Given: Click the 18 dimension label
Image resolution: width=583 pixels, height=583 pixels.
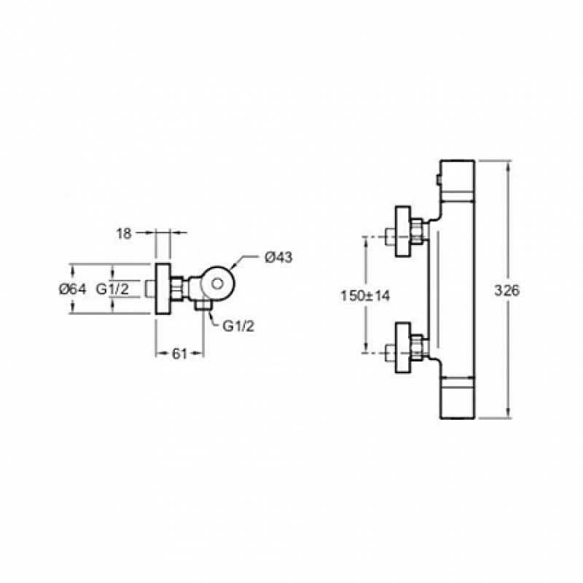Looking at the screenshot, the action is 124,233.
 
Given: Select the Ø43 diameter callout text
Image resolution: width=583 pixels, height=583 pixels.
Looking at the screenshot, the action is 278,257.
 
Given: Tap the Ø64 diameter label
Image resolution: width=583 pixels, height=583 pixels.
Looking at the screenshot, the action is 72,289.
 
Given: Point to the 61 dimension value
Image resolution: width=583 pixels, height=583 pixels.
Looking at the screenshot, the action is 179,353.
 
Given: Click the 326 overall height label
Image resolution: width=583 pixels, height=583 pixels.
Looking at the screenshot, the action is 506,290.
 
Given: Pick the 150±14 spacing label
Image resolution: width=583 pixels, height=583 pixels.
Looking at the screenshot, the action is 366,296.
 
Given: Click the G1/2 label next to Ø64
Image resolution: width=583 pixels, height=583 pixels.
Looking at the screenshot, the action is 113,289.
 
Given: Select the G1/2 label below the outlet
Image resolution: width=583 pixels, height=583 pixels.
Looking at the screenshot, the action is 238,326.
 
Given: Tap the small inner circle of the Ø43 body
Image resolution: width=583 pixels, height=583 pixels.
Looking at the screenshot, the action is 216,284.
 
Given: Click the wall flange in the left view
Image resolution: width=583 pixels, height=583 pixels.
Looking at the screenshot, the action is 163,289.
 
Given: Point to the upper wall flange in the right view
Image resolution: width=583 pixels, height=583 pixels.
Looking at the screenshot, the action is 403,231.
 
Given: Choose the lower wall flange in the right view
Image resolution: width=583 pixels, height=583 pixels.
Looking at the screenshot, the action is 403,348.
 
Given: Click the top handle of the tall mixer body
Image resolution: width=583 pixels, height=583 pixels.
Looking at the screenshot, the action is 458,179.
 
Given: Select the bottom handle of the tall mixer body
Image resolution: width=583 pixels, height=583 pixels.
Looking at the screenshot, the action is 458,398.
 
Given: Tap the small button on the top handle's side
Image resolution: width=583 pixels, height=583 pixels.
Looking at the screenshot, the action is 439,181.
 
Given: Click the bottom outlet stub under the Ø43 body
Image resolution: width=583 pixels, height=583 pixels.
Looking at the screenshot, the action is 203,305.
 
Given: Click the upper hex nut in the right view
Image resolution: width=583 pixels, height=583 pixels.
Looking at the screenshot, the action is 417,231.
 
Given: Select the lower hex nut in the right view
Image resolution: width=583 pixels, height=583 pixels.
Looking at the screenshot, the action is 417,348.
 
